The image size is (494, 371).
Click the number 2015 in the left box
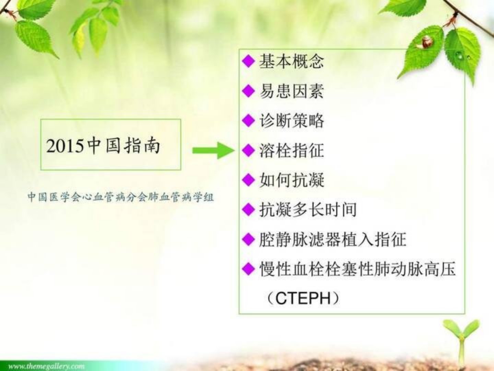(65, 146)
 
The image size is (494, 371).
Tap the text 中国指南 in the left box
(124, 146)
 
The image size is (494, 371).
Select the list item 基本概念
(292, 61)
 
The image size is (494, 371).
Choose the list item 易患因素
(292, 91)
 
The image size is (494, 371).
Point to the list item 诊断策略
(292, 121)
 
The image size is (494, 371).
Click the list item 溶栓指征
(292, 150)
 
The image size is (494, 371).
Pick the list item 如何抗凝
(292, 180)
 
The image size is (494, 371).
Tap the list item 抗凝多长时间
(308, 210)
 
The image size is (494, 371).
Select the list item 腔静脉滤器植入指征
(333, 239)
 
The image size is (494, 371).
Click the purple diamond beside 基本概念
(248, 61)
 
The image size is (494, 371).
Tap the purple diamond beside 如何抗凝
(248, 180)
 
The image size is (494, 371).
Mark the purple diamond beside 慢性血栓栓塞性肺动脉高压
(248, 269)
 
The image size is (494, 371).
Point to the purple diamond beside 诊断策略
(248, 121)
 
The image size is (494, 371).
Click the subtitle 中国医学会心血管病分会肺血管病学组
(121, 197)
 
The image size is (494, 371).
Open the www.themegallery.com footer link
(46, 366)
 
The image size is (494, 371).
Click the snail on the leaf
(424, 43)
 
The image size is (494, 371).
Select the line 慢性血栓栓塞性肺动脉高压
(357, 269)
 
